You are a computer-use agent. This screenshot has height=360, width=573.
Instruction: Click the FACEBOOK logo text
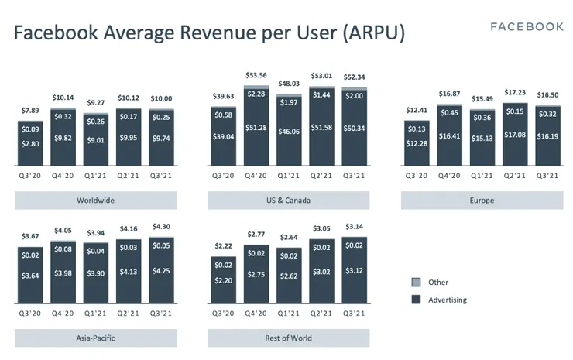tap(527, 27)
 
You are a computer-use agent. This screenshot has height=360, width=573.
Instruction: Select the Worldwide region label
tap(96, 201)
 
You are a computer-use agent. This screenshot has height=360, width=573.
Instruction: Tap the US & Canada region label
tap(288, 201)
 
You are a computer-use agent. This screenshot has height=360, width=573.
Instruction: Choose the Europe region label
tap(481, 201)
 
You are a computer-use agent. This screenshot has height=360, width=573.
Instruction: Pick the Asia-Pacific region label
tap(96, 338)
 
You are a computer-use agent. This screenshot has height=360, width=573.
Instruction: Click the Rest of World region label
tap(288, 338)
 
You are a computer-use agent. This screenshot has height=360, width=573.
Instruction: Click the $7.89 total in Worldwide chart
tap(30, 111)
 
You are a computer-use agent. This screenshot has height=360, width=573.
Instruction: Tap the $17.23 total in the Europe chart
tap(514, 93)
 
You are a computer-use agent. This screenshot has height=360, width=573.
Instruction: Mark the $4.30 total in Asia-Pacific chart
tap(161, 227)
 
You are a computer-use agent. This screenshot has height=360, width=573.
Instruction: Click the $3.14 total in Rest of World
tap(354, 227)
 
